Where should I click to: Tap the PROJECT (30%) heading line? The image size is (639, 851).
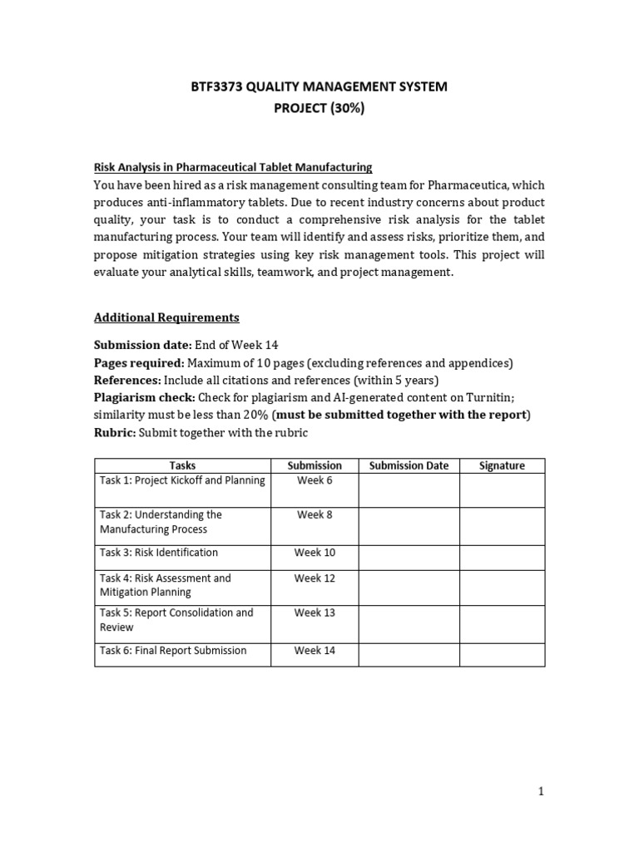click(x=319, y=109)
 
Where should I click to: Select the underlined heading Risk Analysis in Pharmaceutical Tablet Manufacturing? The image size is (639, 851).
click(x=233, y=167)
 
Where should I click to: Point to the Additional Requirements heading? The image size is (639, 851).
click(x=166, y=317)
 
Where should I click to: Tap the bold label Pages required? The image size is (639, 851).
click(x=140, y=362)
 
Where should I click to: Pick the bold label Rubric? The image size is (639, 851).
click(x=115, y=432)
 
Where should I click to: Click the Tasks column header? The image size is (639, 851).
click(x=182, y=465)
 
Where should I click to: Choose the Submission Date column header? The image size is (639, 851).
click(x=409, y=465)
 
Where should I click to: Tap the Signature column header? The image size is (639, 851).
click(x=502, y=465)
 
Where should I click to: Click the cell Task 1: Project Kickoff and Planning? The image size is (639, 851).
click(x=182, y=480)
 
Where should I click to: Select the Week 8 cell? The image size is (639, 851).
click(x=315, y=515)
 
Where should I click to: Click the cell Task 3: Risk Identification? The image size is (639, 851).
click(x=159, y=553)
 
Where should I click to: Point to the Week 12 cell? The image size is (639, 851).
click(x=315, y=578)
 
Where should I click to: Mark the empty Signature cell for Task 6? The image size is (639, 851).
click(x=502, y=655)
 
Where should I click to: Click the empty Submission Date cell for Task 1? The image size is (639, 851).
click(x=409, y=490)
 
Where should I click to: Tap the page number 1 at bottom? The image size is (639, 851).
click(x=541, y=792)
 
